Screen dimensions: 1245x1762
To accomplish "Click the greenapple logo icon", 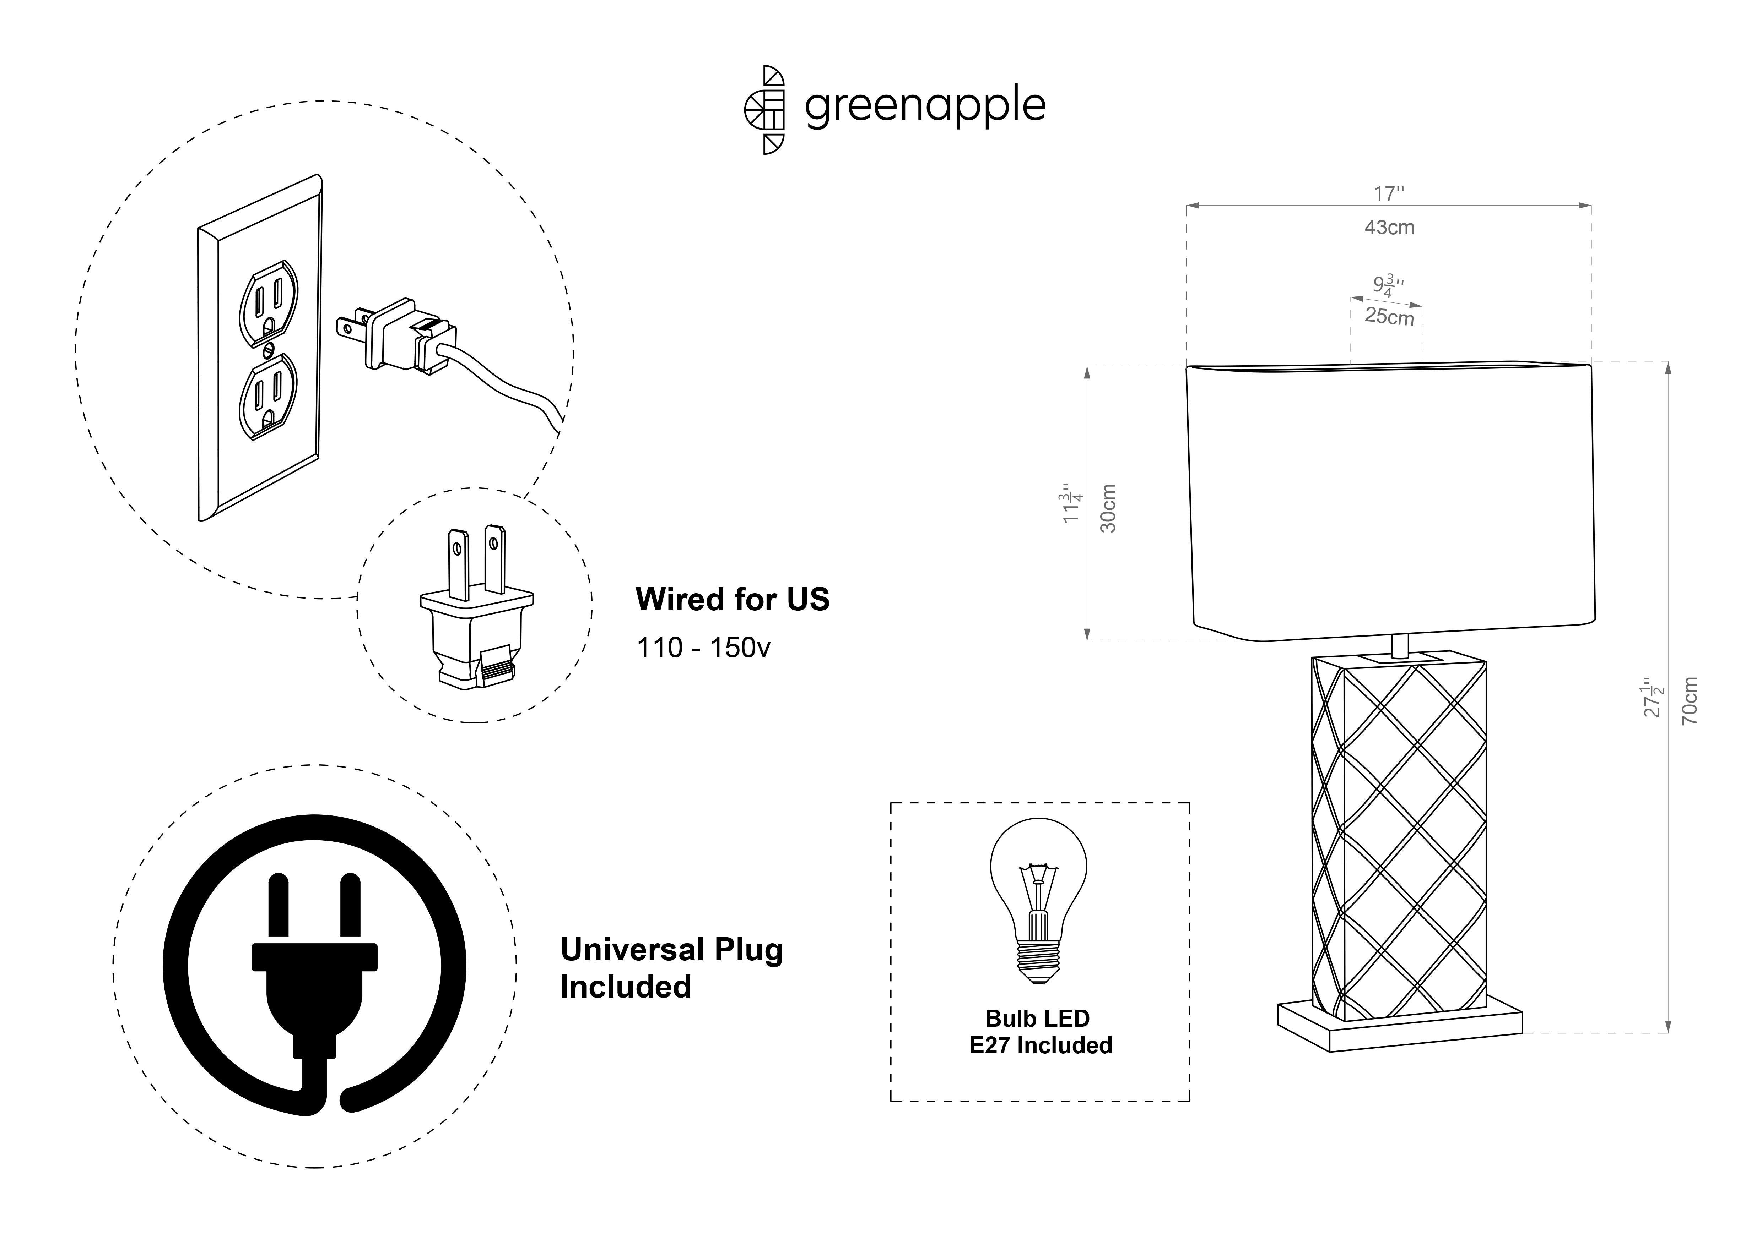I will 764,110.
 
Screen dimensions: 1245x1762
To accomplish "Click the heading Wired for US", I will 732,599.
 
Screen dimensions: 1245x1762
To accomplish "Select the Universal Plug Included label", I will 671,968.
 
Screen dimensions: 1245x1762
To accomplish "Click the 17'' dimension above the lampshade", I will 1389,194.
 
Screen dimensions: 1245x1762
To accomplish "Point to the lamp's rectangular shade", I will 1390,502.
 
